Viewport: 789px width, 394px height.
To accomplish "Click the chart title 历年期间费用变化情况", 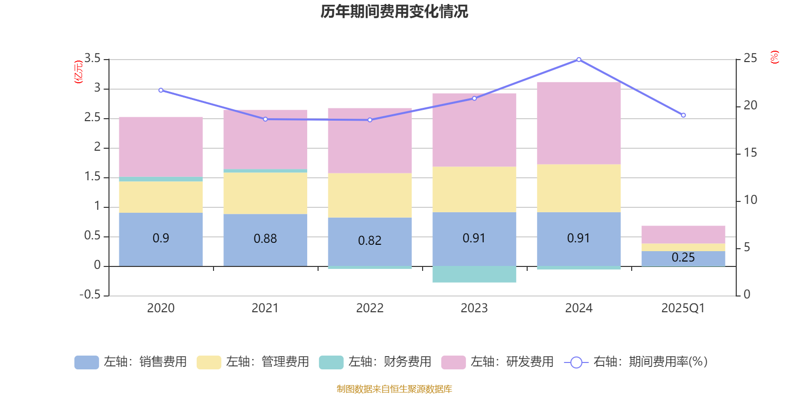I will [x=394, y=11].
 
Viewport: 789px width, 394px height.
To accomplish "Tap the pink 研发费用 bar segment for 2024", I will [x=578, y=123].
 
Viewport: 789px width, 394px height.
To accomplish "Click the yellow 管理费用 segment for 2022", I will [x=369, y=196].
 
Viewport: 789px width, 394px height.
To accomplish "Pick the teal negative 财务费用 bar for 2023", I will [x=474, y=274].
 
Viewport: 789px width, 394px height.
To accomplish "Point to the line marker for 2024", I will [x=579, y=60].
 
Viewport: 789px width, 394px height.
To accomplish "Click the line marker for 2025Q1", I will [x=683, y=115].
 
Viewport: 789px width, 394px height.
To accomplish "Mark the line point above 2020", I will [x=161, y=90].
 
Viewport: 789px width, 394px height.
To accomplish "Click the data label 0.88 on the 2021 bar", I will [x=265, y=239].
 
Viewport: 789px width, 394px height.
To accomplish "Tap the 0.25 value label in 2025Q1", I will [x=683, y=258].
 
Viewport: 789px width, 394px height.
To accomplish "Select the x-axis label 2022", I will [x=369, y=308].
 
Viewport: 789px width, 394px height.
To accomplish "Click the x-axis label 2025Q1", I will [x=683, y=308].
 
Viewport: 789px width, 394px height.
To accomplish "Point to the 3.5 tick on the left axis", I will [x=92, y=59].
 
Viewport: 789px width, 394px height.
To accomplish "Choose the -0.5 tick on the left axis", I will [x=90, y=295].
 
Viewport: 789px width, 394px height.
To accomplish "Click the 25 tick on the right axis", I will [x=750, y=59].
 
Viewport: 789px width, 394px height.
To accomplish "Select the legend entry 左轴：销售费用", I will [x=131, y=362].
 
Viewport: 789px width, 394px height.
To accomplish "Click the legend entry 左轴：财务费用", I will [x=375, y=362].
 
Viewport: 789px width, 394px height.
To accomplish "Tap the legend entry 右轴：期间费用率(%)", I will [x=636, y=362].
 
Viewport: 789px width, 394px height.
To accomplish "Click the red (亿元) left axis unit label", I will [x=78, y=72].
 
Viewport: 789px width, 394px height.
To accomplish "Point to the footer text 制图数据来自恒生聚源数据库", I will [x=394, y=389].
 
